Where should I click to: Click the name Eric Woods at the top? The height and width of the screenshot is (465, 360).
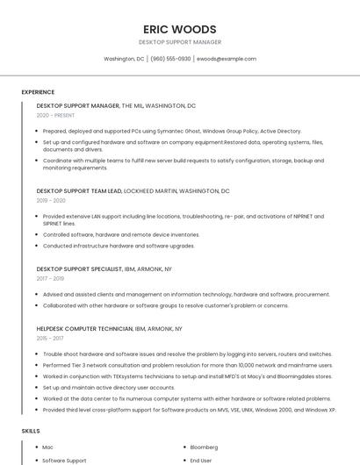click(179, 28)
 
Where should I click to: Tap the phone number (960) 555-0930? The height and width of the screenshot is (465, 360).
click(170, 59)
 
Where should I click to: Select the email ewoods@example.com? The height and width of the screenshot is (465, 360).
click(226, 59)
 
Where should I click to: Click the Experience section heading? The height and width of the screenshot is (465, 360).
click(38, 92)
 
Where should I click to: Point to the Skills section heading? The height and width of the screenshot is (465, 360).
click(31, 431)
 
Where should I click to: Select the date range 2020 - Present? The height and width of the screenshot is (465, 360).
click(55, 115)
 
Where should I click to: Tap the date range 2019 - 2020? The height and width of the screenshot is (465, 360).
click(51, 200)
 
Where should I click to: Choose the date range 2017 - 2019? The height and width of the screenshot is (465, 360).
click(50, 278)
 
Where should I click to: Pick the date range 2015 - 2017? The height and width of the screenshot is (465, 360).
click(50, 338)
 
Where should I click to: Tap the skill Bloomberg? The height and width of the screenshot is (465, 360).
click(205, 447)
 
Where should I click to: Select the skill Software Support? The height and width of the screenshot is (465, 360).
click(64, 460)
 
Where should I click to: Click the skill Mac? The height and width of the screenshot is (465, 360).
click(47, 447)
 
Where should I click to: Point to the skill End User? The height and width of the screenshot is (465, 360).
click(202, 460)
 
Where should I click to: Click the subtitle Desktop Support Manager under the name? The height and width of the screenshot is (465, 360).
click(179, 42)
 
